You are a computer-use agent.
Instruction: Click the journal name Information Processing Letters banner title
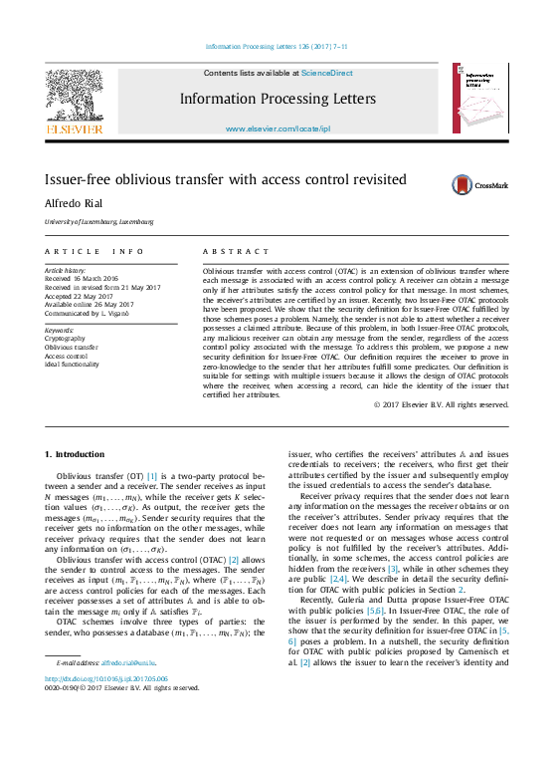pyautogui.click(x=278, y=100)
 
